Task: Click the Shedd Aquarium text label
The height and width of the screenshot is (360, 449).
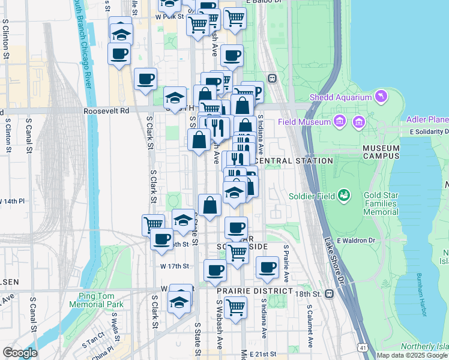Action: point(339,98)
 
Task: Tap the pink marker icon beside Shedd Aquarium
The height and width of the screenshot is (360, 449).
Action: point(381,96)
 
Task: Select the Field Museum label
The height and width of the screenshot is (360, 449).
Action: point(304,122)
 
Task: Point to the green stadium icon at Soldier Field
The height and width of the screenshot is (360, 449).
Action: point(344,195)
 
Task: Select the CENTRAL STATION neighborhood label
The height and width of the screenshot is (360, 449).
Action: point(294,161)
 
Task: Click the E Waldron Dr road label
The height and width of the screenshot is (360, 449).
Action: point(356,241)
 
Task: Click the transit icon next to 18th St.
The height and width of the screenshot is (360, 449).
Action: point(330,294)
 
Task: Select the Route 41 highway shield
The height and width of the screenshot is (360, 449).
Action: point(362,347)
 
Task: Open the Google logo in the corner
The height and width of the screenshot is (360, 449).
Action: point(20,353)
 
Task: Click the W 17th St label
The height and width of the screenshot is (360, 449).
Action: point(175,266)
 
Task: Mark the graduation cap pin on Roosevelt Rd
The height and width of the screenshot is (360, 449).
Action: point(175,98)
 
